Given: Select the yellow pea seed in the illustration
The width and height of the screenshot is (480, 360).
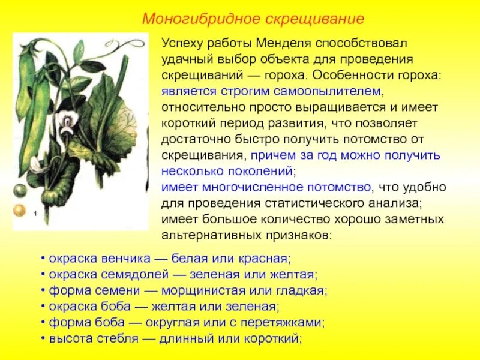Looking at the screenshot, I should pyautogui.click(x=20, y=211).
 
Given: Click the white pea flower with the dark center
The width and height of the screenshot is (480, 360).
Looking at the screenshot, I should pyautogui.click(x=67, y=122).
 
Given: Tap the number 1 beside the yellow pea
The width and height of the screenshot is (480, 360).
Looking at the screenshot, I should pyautogui.click(x=35, y=213).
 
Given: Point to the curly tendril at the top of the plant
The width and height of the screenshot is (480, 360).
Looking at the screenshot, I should pyautogui.click(x=129, y=45).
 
